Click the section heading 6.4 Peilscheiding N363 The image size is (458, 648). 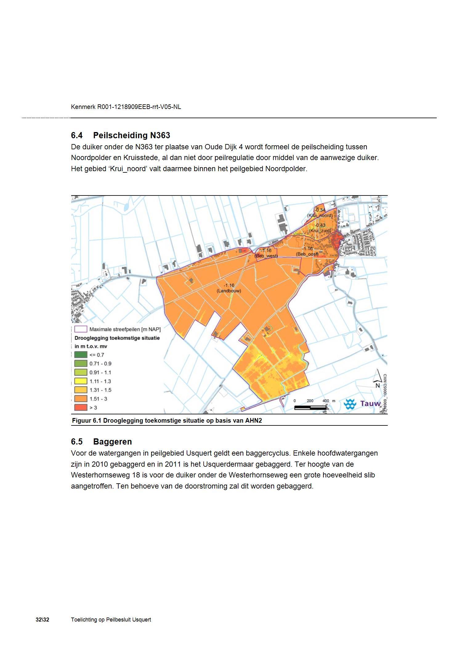tap(120, 135)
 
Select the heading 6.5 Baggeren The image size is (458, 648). tap(101, 441)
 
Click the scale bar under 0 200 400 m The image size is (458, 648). tap(310, 408)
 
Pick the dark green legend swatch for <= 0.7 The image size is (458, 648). tap(80, 355)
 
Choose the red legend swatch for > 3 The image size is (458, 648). tap(80, 407)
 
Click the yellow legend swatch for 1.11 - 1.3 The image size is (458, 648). tap(80, 381)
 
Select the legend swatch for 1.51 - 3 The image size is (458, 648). tap(80, 399)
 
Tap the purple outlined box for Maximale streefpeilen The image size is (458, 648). tap(80, 329)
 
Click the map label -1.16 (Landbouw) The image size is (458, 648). tap(229, 288)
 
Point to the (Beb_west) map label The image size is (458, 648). tap(266, 256)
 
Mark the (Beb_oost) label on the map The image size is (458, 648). tap(307, 254)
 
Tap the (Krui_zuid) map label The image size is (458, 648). tap(320, 230)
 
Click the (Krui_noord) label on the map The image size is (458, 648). tap(320, 215)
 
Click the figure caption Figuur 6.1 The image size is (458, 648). tap(167, 421)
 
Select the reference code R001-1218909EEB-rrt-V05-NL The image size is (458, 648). tap(139, 107)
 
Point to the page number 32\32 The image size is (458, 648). tap(42, 620)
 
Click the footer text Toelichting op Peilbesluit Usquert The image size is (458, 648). tap(111, 620)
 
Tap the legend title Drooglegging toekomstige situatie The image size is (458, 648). tap(117, 338)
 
